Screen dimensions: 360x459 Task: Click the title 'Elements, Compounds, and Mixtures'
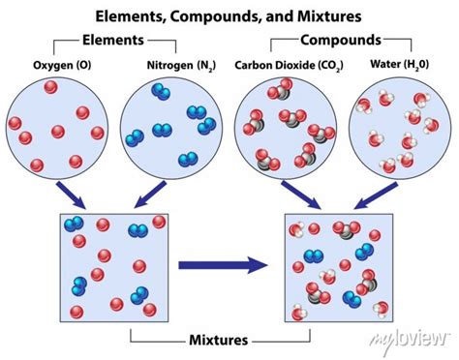[229, 16]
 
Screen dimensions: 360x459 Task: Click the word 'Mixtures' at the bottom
[220, 340]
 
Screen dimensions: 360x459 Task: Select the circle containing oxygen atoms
[57, 125]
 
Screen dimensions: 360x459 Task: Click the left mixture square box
[113, 262]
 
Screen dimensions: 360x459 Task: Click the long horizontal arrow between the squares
[224, 262]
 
